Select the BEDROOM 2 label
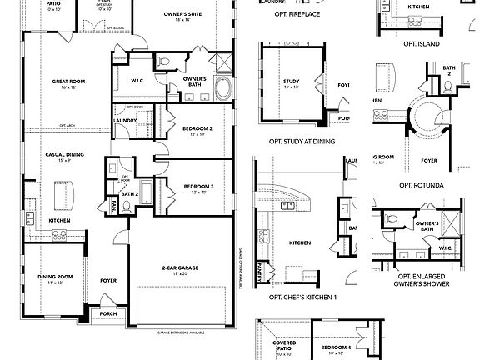click(198, 128)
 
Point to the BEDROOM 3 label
click(198, 186)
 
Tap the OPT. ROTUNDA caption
click(421, 185)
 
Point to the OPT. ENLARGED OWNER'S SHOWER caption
click(424, 280)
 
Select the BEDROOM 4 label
click(337, 347)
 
